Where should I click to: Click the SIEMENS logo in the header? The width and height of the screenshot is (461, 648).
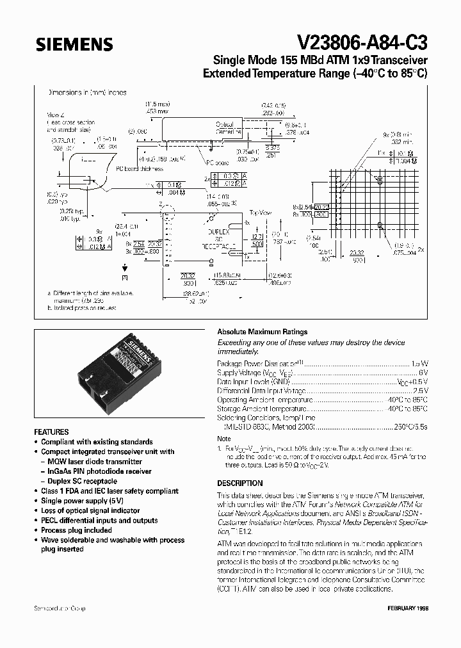74,44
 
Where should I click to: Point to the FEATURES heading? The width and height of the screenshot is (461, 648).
51,432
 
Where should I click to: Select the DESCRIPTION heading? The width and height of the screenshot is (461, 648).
240,483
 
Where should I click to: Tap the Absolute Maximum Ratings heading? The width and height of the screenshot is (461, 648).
263,332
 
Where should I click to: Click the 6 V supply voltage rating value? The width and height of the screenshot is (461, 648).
423,372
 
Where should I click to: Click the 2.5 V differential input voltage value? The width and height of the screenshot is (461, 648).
420,390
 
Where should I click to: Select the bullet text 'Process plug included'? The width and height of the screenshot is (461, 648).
76,530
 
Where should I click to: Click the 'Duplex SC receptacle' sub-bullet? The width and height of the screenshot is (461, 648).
84,481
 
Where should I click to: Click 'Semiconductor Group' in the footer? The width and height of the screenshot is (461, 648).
60,608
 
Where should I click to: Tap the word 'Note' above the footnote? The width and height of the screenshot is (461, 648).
224,439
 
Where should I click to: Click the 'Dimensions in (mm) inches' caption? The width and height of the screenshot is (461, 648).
88,92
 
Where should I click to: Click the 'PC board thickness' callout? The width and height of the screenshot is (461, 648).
140,169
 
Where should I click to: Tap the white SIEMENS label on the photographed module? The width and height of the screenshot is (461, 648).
140,352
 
